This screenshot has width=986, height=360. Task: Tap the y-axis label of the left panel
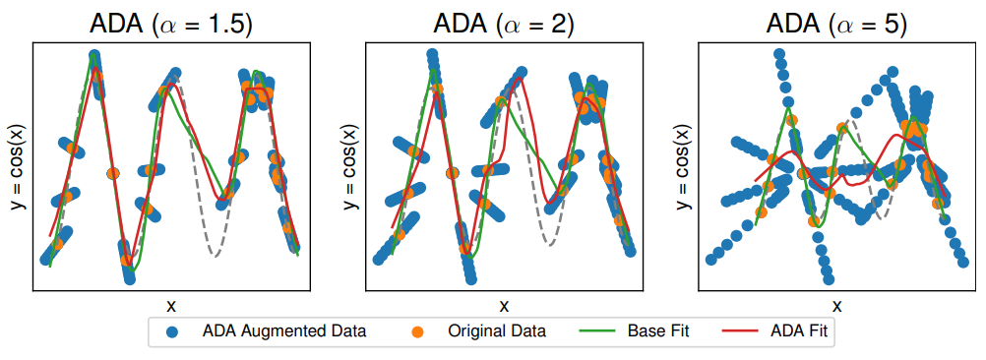[15, 168]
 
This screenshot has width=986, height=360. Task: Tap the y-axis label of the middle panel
[347, 168]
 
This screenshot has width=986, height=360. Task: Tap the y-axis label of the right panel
[680, 168]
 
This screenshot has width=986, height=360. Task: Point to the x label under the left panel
[170, 305]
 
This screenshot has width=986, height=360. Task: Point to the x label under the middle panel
[503, 305]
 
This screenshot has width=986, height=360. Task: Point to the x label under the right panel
[835, 305]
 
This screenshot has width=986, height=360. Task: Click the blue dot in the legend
[173, 331]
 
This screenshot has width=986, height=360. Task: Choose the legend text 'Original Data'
[498, 331]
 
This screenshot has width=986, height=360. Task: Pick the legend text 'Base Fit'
[658, 331]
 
